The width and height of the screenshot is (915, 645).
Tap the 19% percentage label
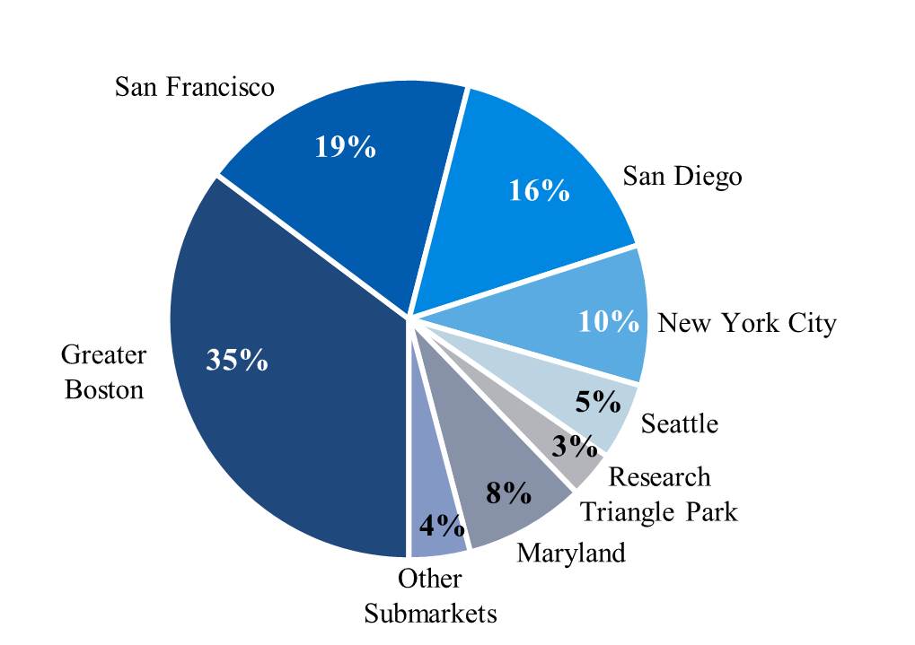[345, 146]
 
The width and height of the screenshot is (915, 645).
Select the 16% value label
[539, 190]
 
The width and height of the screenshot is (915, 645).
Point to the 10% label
[608, 321]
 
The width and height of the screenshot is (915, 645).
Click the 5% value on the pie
[598, 401]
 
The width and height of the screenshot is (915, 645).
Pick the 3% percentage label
[574, 446]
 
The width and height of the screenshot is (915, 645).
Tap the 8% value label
[508, 492]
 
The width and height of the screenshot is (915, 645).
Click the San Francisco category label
[195, 87]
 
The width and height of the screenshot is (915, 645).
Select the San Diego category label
[682, 176]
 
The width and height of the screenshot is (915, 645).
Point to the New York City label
[746, 323]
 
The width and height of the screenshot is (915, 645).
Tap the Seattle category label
[680, 423]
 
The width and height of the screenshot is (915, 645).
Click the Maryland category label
[570, 553]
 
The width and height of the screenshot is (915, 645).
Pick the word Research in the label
[659, 477]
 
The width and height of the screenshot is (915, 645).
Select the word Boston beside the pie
[104, 390]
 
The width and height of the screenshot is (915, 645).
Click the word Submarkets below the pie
[430, 614]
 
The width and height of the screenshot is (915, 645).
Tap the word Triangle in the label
[626, 511]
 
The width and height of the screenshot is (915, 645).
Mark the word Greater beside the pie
[103, 355]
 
